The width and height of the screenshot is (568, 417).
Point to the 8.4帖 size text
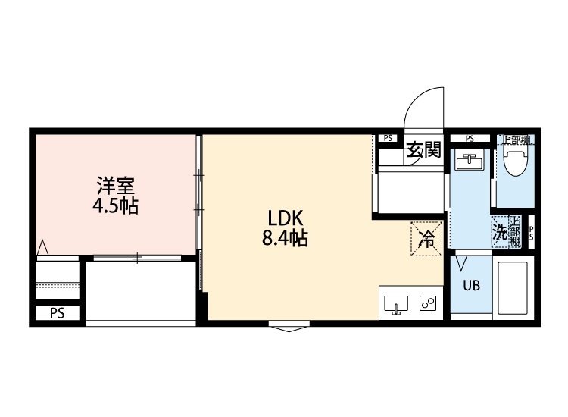point(284,238)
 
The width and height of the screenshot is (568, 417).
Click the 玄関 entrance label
point(423,149)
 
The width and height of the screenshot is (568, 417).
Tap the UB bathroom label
point(471,287)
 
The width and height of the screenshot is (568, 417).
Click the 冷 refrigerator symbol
point(426,239)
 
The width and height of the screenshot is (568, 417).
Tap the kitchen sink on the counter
point(396,304)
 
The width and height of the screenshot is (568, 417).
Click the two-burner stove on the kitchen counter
point(427,304)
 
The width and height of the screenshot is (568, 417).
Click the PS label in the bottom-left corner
point(57,312)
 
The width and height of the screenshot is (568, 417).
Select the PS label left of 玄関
point(388,138)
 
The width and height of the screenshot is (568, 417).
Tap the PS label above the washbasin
point(470,138)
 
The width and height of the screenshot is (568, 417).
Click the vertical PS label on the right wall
point(531,232)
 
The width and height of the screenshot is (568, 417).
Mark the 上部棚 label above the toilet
point(517,139)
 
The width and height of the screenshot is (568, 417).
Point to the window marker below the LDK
point(289,328)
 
